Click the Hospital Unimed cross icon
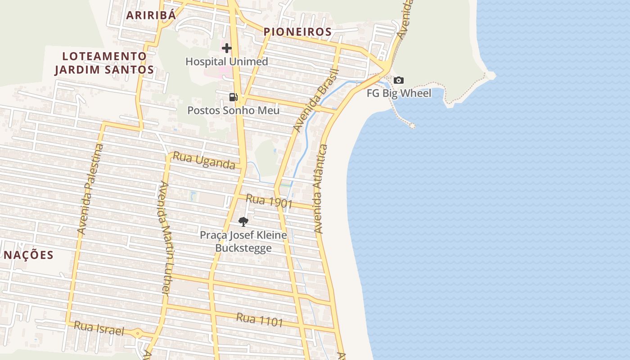tap(227, 48)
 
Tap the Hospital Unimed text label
tap(227, 62)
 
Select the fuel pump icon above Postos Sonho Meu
tap(233, 97)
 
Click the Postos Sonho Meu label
tap(233, 110)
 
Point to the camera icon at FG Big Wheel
tap(399, 81)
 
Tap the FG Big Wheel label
tap(399, 93)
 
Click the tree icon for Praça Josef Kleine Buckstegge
tap(243, 221)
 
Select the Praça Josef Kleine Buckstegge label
tap(243, 241)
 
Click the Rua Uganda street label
tap(204, 161)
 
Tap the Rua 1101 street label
tap(260, 319)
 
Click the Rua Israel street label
tap(99, 328)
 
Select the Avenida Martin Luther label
tap(164, 238)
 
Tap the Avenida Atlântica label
tap(320, 189)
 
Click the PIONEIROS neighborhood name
tap(297, 32)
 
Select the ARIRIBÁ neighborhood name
tap(151, 15)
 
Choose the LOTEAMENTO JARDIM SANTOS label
tap(104, 63)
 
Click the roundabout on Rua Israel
tap(138, 333)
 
